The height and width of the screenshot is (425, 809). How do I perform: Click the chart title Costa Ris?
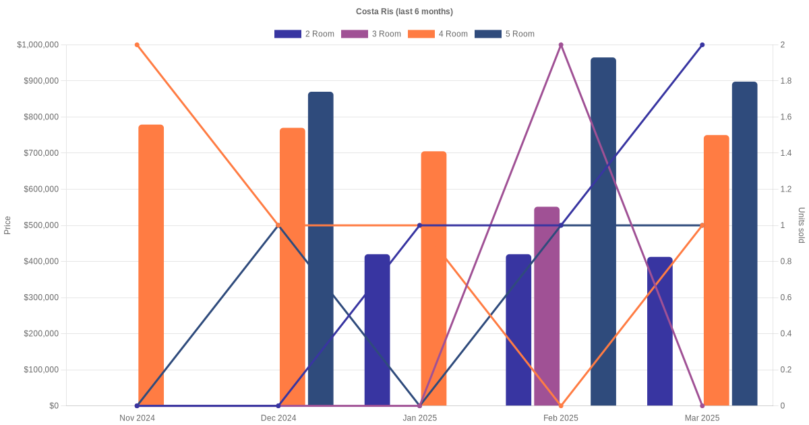pos(404,11)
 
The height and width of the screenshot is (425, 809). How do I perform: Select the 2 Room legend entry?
pos(304,34)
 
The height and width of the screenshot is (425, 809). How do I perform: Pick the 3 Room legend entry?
pos(371,34)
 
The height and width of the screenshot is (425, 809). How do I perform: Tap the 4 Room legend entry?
pos(438,34)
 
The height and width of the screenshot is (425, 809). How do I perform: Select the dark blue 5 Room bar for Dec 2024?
pos(321,249)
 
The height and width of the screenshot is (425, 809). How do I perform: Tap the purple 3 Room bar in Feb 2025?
pos(547,306)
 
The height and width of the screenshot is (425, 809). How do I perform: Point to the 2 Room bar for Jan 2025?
pos(378,330)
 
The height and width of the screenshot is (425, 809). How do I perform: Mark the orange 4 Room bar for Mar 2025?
pos(717,271)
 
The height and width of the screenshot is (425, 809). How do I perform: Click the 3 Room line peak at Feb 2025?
pos(561,45)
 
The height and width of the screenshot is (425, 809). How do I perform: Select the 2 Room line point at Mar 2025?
pos(702,45)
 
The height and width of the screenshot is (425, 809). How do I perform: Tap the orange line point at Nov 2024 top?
pos(137,45)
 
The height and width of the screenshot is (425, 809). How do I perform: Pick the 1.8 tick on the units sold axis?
pos(787,81)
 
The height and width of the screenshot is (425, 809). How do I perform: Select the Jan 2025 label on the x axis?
pos(419,418)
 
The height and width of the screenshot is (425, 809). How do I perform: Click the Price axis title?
pos(7,225)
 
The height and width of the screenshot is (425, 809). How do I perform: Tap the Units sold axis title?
pos(802,225)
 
